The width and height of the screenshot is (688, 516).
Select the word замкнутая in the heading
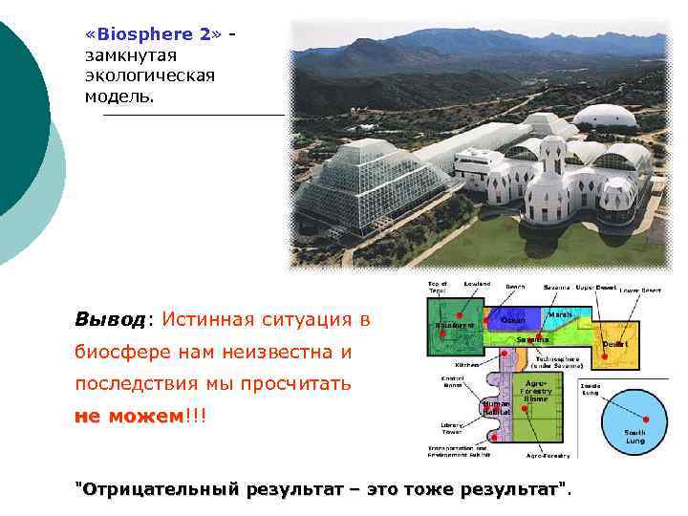tap(125, 55)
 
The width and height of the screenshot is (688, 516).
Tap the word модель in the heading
tap(116, 97)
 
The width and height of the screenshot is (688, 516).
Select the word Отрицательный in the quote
tap(158, 489)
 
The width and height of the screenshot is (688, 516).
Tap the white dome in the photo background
tap(604, 117)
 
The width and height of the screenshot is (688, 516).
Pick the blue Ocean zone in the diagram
tap(513, 320)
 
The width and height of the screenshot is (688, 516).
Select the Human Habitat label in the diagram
tap(497, 407)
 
